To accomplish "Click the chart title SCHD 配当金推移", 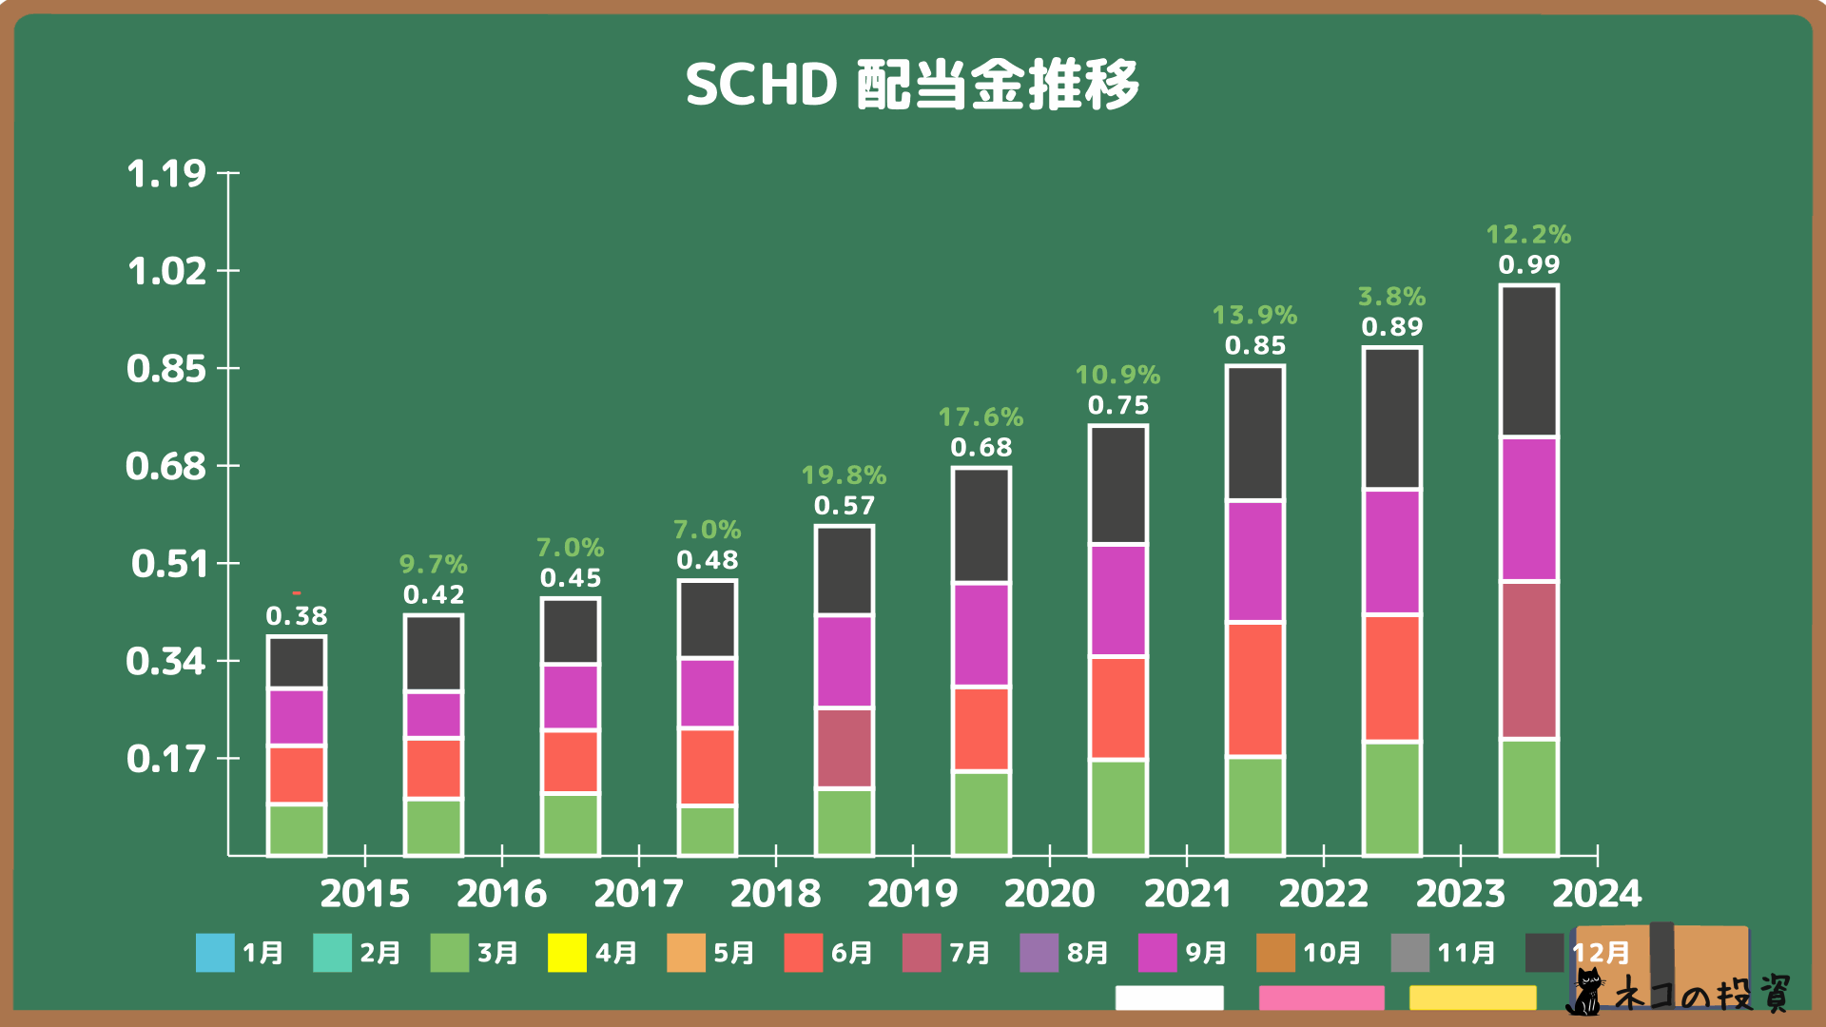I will tap(912, 85).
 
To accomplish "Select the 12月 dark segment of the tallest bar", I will tap(1528, 361).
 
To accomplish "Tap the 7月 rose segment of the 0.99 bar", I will tap(1528, 660).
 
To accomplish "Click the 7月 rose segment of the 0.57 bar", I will tap(844, 747).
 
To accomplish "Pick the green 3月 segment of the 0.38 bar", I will tap(297, 829).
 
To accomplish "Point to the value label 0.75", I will tap(1117, 406).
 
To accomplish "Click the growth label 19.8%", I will tap(844, 475).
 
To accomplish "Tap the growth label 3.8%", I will tap(1391, 297).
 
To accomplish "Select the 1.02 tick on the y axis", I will tap(166, 272).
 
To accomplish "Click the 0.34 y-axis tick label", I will tap(166, 662).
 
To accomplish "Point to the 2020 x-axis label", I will tap(1049, 894).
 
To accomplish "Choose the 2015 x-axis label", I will tap(364, 894).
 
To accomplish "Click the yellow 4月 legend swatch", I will tap(567, 953).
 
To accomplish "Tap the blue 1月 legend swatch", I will tap(215, 953).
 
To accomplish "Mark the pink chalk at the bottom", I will tap(1321, 998).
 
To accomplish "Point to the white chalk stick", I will tap(1169, 998).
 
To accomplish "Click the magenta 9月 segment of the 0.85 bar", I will tap(1254, 561).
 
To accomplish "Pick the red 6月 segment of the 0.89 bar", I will tap(1391, 677).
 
